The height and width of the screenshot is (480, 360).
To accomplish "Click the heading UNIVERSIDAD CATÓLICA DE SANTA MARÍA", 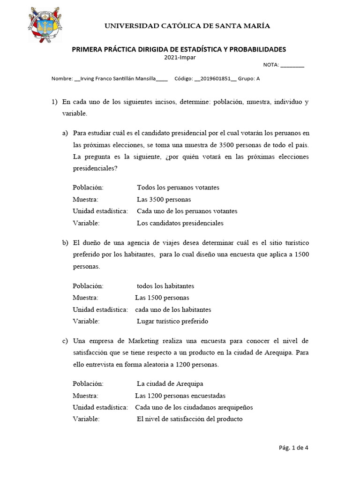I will click(187, 26).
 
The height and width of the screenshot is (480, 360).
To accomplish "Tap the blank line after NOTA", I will click(292, 66).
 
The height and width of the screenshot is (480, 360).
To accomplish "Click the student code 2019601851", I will click(215, 79).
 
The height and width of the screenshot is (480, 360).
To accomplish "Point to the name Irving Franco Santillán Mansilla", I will click(118, 79).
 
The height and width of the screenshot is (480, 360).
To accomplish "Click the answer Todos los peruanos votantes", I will click(178, 187).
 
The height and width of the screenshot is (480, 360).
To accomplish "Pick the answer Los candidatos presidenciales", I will click(180, 223).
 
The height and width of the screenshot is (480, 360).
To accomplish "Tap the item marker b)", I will click(65, 243).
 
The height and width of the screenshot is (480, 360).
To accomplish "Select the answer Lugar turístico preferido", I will click(172, 322).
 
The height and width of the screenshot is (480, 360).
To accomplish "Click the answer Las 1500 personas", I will click(162, 298).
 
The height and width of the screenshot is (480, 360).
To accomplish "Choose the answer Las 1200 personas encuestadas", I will click(180, 396).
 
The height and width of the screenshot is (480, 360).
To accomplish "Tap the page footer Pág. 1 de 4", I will click(293, 447).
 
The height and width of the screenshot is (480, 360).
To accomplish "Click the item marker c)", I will click(65, 341).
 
